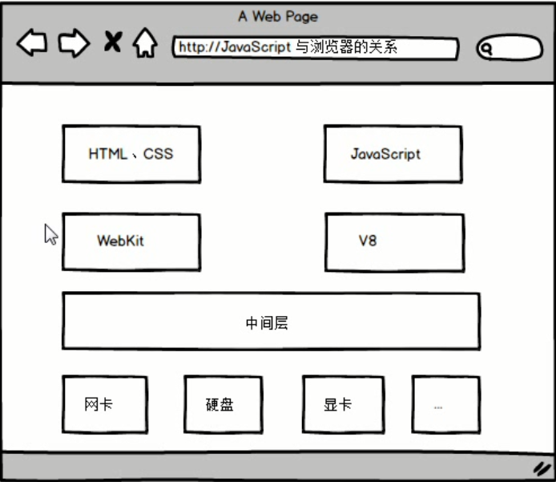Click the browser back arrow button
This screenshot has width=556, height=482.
click(x=32, y=44)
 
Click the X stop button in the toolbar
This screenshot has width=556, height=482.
click(x=113, y=43)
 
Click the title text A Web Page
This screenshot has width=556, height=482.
click(x=278, y=17)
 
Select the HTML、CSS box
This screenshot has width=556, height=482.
click(x=131, y=154)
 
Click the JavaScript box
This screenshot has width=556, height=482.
click(x=393, y=154)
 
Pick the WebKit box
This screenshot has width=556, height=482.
click(x=131, y=241)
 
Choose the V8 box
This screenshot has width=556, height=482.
click(x=393, y=241)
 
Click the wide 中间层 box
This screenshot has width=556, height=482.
click(x=271, y=322)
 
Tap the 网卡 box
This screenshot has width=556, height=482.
click(x=105, y=404)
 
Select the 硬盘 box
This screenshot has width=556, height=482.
click(x=223, y=404)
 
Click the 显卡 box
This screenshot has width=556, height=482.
click(x=342, y=404)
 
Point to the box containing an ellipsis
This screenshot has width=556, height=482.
click(x=445, y=404)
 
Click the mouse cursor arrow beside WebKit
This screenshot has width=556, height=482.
click(x=50, y=234)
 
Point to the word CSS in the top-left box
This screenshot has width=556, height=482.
click(x=158, y=154)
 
